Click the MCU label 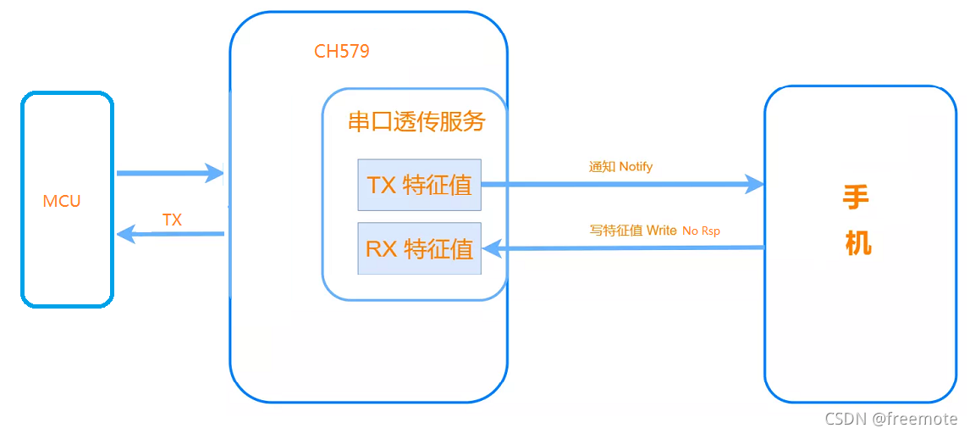[62, 202]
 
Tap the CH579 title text [341, 52]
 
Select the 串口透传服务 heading [416, 122]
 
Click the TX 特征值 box [419, 185]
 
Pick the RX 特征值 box [419, 248]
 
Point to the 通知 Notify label [620, 167]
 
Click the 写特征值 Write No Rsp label [654, 231]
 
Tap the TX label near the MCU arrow [172, 220]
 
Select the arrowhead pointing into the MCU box [125, 234]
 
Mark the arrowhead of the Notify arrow [753, 183]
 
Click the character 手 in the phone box [856, 198]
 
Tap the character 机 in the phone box [857, 244]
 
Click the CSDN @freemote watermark [890, 419]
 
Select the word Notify [636, 167]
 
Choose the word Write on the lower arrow [661, 231]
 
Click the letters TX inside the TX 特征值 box [382, 185]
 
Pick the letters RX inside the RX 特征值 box [382, 249]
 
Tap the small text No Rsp [701, 231]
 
